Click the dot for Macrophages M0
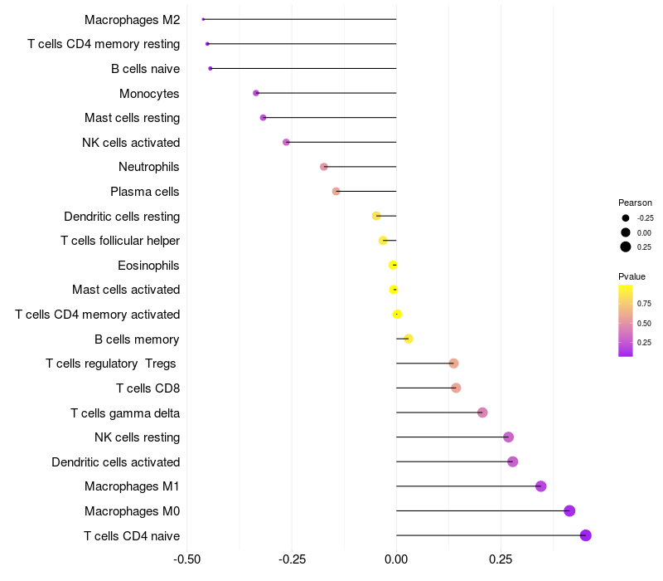click(569, 510)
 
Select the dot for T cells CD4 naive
click(586, 535)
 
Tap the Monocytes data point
click(256, 93)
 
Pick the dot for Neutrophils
click(324, 167)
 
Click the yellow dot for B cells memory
click(409, 339)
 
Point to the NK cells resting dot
click(509, 437)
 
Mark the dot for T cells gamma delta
click(482, 413)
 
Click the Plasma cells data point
click(336, 192)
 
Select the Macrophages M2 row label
click(132, 19)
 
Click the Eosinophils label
click(149, 266)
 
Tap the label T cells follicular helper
click(120, 241)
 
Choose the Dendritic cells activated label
click(115, 462)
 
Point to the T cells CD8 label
click(148, 388)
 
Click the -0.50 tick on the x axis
click(187, 560)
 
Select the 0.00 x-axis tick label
click(396, 560)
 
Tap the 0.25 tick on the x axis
click(501, 560)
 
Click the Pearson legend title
click(635, 203)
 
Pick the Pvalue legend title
click(632, 276)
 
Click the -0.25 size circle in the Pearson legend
click(626, 218)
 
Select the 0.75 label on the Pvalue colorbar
click(645, 304)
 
